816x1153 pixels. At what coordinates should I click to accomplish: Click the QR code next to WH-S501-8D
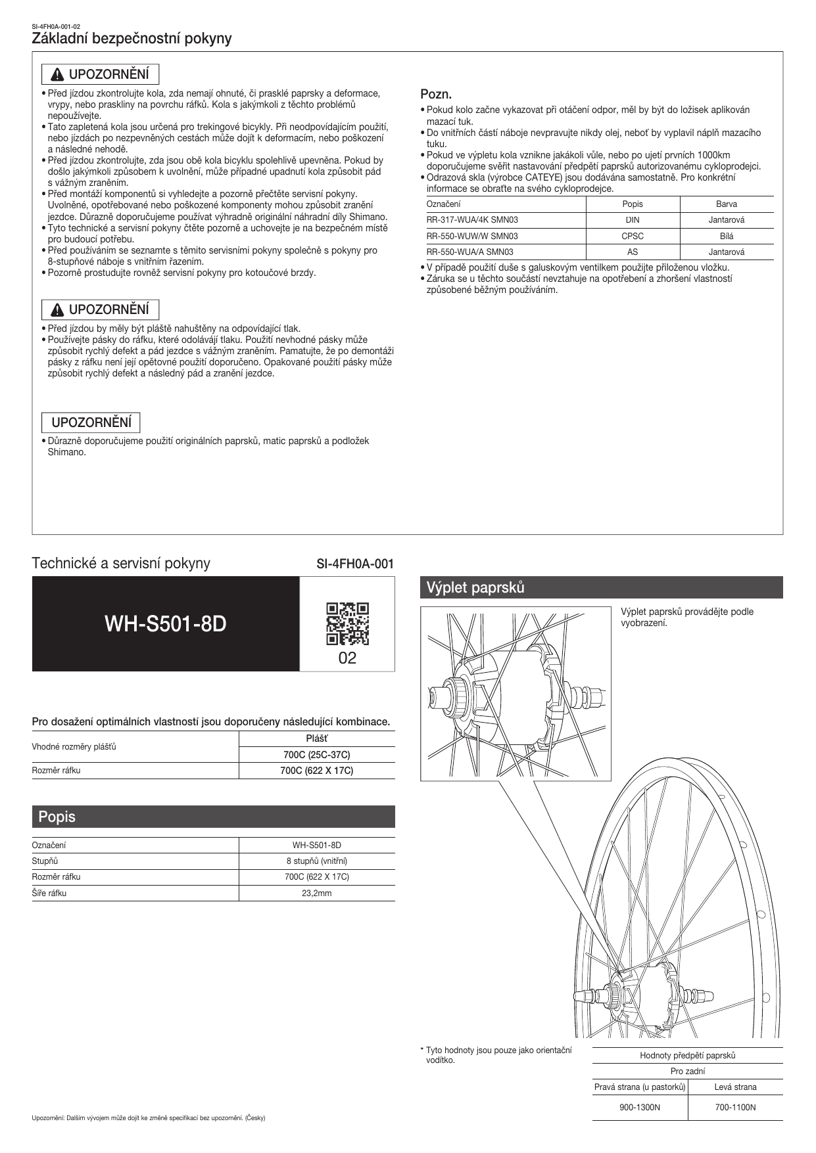347,623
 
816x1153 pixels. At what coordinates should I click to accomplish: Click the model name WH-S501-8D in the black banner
166,623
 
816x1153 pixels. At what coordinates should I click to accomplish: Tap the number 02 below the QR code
347,658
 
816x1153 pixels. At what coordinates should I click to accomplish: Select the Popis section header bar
213,817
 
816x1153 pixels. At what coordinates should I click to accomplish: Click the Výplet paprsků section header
601,587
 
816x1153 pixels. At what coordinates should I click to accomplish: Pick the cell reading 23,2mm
317,893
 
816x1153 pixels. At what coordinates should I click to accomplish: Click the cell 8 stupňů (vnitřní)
317,861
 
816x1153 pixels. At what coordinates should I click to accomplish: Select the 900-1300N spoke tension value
640,1107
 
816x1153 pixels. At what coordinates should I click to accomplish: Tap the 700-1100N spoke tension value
735,1107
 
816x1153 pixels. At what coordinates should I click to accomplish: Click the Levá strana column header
735,1087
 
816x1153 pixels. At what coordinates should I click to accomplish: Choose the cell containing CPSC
633,236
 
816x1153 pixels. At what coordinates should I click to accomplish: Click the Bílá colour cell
726,236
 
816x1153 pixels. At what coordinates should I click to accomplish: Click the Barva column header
726,204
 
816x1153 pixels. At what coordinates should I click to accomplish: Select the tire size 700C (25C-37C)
317,754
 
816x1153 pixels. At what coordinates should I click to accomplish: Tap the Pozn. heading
436,95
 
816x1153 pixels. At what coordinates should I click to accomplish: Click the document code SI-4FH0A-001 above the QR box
355,563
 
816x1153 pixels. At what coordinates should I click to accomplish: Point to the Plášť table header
317,738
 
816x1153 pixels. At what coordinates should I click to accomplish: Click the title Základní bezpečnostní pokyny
132,39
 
